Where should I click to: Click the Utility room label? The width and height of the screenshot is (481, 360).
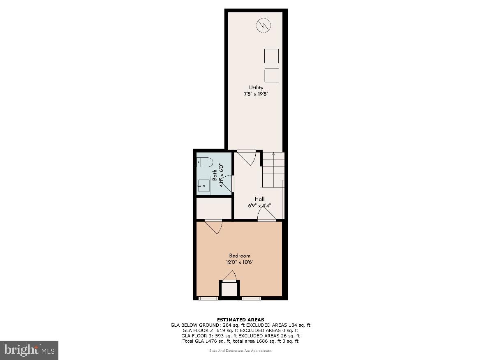pyautogui.click(x=256, y=88)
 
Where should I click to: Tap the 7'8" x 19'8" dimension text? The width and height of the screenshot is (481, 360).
pyautogui.click(x=256, y=94)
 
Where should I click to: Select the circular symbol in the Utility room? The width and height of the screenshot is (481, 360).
pyautogui.click(x=264, y=26)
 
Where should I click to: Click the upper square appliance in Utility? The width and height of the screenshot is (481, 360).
pyautogui.click(x=271, y=56)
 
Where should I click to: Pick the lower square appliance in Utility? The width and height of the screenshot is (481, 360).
pyautogui.click(x=272, y=75)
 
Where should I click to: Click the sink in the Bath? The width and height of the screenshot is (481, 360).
pyautogui.click(x=203, y=186)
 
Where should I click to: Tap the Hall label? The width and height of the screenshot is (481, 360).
pyautogui.click(x=259, y=199)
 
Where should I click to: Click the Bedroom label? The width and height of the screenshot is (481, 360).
pyautogui.click(x=240, y=256)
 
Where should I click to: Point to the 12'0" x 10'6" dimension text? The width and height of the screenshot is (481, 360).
pyautogui.click(x=240, y=262)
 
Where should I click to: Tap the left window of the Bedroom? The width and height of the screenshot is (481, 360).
pyautogui.click(x=208, y=298)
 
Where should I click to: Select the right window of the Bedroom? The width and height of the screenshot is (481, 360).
pyautogui.click(x=251, y=298)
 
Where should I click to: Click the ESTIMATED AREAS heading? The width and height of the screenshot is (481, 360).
pyautogui.click(x=240, y=319)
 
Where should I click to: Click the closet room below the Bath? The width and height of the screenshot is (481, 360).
pyautogui.click(x=214, y=208)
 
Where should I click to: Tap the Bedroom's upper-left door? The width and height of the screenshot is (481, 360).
pyautogui.click(x=214, y=226)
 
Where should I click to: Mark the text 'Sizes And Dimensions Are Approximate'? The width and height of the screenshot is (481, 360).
pyautogui.click(x=240, y=351)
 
